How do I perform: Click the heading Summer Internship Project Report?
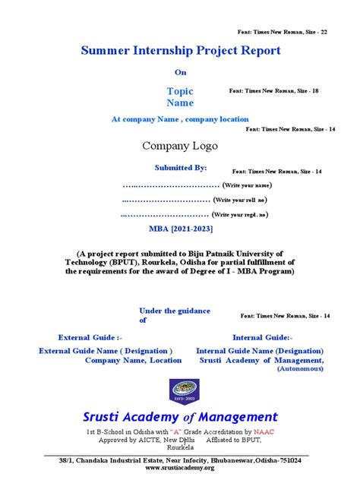(x=180, y=51)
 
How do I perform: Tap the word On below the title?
(x=180, y=73)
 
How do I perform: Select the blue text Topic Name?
(x=180, y=96)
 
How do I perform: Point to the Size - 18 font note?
(x=273, y=90)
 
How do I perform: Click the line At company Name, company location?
(x=180, y=119)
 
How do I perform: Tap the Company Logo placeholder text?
(x=180, y=146)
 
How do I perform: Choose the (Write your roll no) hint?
(x=239, y=200)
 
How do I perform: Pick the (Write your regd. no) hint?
(x=241, y=215)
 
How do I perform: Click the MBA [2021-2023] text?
(x=181, y=229)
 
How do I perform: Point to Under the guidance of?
(x=169, y=315)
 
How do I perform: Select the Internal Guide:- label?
(x=263, y=336)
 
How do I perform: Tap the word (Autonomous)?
(x=300, y=368)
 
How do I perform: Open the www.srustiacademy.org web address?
(x=180, y=468)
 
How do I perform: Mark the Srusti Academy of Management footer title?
(x=180, y=416)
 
